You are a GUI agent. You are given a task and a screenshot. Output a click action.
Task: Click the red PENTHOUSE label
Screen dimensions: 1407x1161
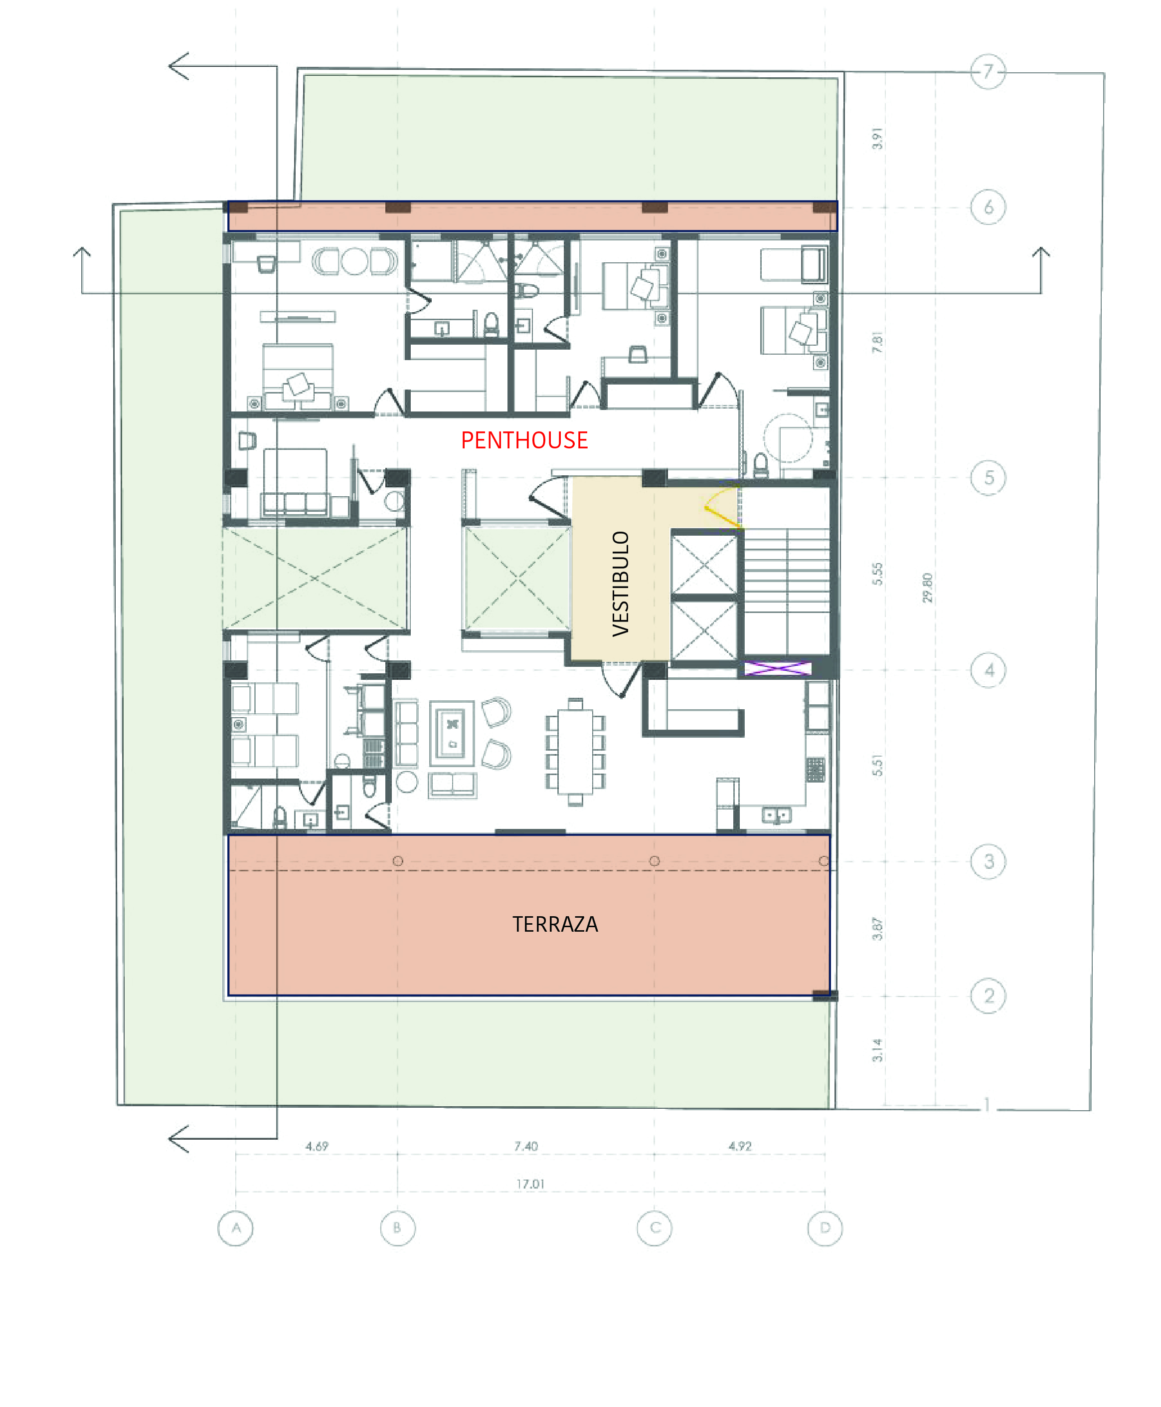pyautogui.click(x=524, y=440)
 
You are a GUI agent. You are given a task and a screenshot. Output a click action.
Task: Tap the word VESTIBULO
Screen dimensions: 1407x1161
pyautogui.click(x=621, y=584)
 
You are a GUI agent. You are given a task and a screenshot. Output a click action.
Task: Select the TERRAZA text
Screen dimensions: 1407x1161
pyautogui.click(x=555, y=924)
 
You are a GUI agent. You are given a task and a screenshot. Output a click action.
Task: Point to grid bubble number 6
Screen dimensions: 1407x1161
pyautogui.click(x=988, y=207)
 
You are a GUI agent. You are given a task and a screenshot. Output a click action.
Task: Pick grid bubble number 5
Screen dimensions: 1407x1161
pyautogui.click(x=988, y=478)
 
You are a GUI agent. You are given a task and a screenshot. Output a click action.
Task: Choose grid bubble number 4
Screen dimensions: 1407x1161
pyautogui.click(x=988, y=670)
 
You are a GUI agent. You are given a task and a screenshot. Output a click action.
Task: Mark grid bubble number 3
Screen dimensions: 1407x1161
pyautogui.click(x=988, y=861)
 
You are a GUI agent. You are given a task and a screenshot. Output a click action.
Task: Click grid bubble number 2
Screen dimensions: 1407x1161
pyautogui.click(x=988, y=996)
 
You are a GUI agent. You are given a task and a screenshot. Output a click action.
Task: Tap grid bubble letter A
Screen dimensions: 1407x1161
pyautogui.click(x=235, y=1228)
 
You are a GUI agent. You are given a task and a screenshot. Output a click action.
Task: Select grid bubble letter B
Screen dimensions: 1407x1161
pyautogui.click(x=397, y=1228)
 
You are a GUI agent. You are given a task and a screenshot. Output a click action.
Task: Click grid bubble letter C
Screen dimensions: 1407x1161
pyautogui.click(x=654, y=1228)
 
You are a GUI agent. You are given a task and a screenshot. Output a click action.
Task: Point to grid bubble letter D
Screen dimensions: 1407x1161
pyautogui.click(x=825, y=1228)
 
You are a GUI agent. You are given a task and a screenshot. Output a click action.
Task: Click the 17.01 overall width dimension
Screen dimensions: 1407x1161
pyautogui.click(x=530, y=1184)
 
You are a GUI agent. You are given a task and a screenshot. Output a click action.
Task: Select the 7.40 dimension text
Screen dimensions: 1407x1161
pyautogui.click(x=525, y=1146)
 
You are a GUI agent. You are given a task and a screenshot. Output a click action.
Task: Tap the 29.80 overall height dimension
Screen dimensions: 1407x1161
pyautogui.click(x=927, y=588)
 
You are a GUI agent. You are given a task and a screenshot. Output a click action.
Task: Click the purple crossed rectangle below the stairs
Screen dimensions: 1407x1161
pyautogui.click(x=777, y=668)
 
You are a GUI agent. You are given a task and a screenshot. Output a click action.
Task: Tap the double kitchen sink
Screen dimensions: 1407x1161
pyautogui.click(x=776, y=815)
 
